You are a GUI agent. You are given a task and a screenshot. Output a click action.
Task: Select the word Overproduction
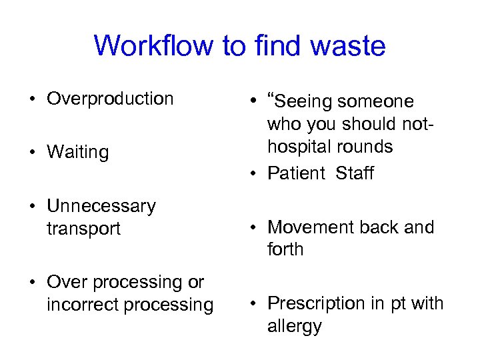pyautogui.click(x=110, y=99)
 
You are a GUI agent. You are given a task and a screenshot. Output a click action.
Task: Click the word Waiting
pyautogui.click(x=77, y=153)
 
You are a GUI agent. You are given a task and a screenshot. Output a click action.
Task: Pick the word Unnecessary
pyautogui.click(x=101, y=206)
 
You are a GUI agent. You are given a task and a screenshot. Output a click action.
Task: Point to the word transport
pyautogui.click(x=83, y=229)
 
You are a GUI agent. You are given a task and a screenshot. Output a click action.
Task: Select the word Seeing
pyautogui.click(x=304, y=101)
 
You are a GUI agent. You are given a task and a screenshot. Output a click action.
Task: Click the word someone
pyautogui.click(x=376, y=101)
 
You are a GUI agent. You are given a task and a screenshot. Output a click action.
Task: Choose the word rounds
pyautogui.click(x=366, y=147)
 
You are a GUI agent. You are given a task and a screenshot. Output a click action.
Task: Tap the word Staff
pyautogui.click(x=355, y=173)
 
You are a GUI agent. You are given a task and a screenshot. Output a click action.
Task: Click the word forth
pyautogui.click(x=285, y=250)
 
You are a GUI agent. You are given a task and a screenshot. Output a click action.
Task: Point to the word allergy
pyautogui.click(x=295, y=327)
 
